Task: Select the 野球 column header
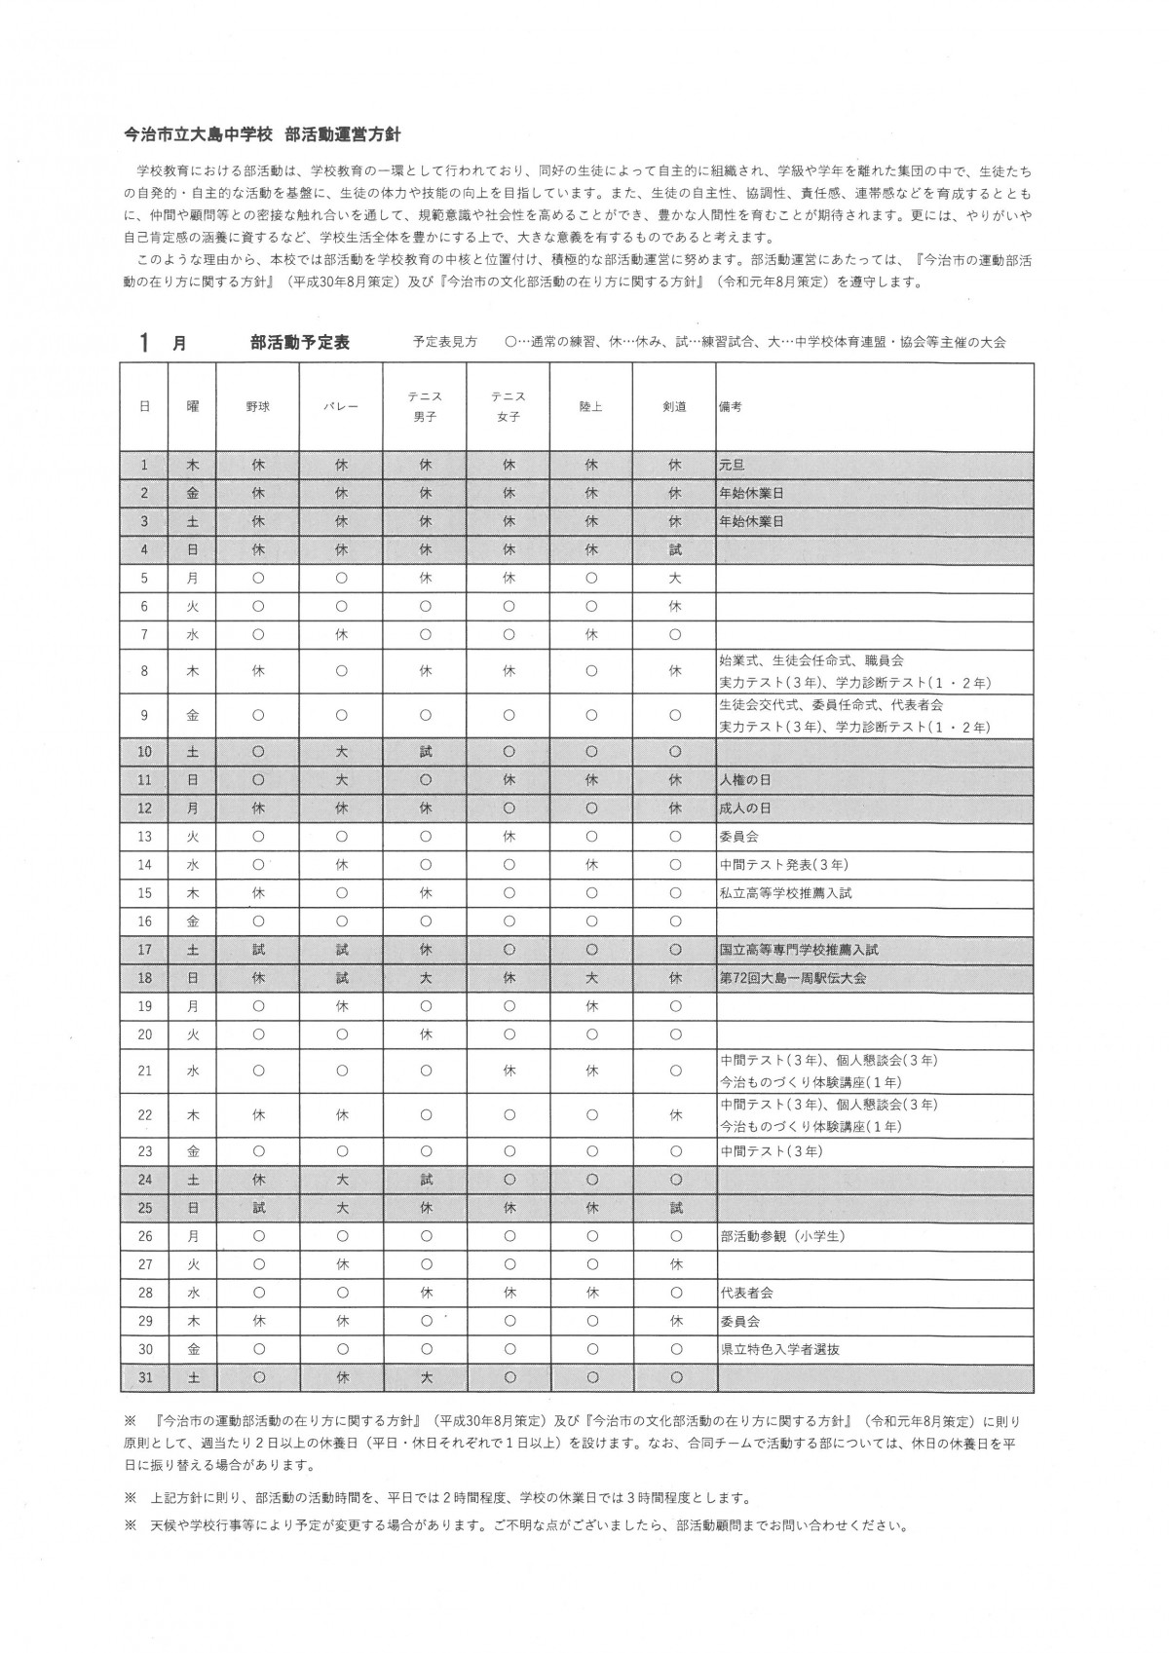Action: click(x=257, y=406)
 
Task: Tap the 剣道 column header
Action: click(x=674, y=406)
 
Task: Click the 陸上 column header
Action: click(x=590, y=406)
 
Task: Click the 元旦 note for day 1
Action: click(x=733, y=466)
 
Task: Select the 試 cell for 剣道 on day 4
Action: click(x=674, y=550)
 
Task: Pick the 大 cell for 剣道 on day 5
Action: click(x=674, y=579)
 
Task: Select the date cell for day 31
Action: click(x=144, y=1378)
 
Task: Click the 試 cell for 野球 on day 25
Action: click(x=257, y=1209)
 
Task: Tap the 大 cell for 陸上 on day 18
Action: click(x=590, y=978)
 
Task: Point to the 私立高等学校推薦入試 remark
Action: click(x=786, y=893)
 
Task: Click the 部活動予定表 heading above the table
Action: click(x=299, y=343)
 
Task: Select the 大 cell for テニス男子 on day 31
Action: click(x=425, y=1378)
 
